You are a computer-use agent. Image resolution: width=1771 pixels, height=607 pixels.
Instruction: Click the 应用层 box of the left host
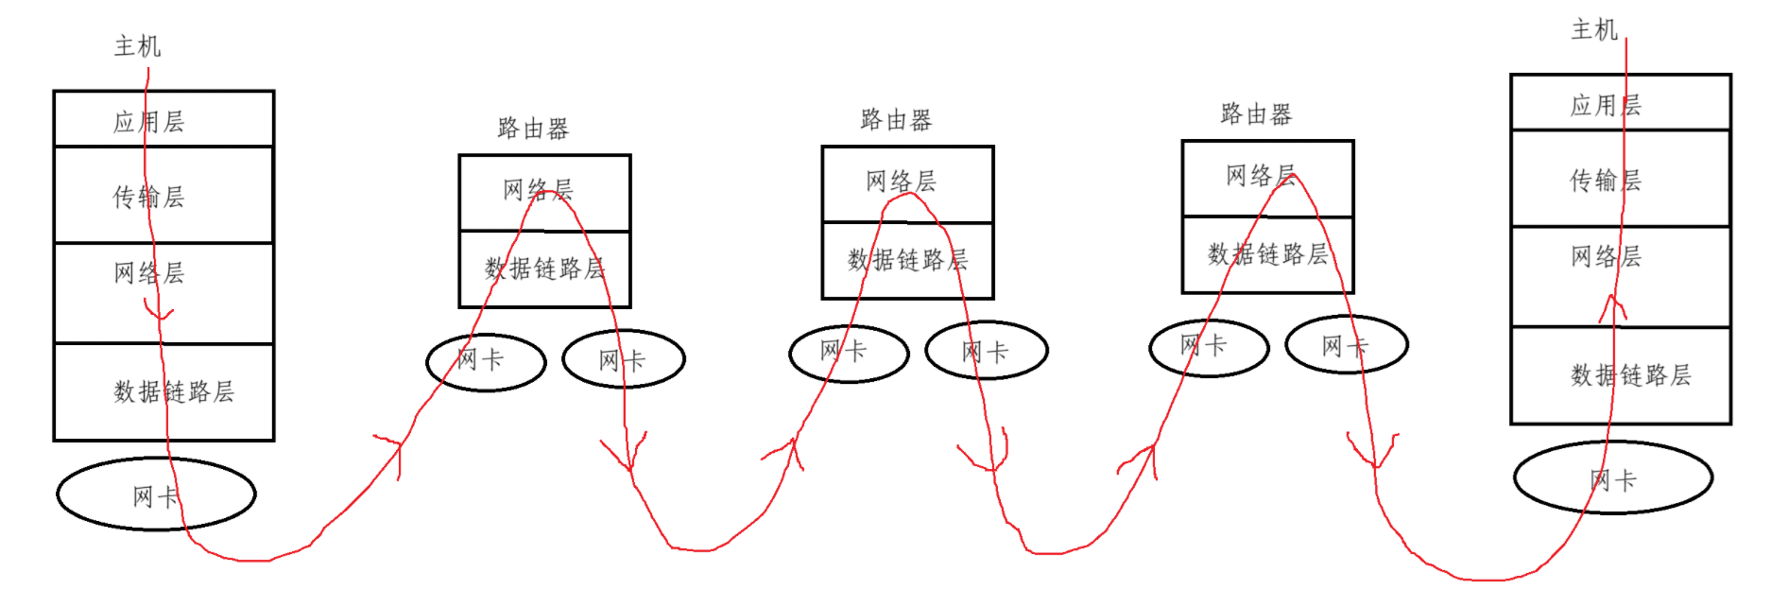coord(163,119)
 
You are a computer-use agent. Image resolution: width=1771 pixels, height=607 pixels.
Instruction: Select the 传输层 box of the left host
coord(163,196)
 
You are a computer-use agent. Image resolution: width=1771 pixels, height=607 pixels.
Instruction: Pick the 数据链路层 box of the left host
coord(163,391)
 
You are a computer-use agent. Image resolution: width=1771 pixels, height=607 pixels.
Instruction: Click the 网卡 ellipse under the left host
coord(156,494)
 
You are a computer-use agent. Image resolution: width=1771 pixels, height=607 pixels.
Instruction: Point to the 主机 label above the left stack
coord(137,46)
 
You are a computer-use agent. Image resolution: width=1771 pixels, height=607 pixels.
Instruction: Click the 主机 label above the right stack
coord(1594,30)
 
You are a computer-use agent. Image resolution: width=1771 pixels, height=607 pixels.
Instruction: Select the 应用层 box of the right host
coord(1620,103)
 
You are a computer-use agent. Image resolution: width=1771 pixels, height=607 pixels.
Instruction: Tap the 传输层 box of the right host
coord(1620,179)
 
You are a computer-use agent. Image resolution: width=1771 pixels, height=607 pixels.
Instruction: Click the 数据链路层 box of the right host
coord(1620,375)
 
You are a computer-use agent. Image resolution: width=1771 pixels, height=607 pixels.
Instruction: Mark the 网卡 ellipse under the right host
coord(1612,478)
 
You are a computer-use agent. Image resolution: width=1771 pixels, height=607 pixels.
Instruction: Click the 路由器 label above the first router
coord(533,129)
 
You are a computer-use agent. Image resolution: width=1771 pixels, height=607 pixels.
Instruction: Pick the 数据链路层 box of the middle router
coord(907,260)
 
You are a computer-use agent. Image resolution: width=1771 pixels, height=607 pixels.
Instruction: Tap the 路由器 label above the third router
coord(1255,114)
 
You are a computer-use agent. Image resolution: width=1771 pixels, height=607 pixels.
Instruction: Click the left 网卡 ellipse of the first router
coord(486,360)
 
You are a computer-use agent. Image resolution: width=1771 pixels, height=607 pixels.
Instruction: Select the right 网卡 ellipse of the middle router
coord(986,351)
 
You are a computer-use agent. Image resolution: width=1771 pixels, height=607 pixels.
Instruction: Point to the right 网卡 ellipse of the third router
coord(1346,345)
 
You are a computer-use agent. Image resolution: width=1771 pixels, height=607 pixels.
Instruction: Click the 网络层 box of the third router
coord(1267,178)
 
